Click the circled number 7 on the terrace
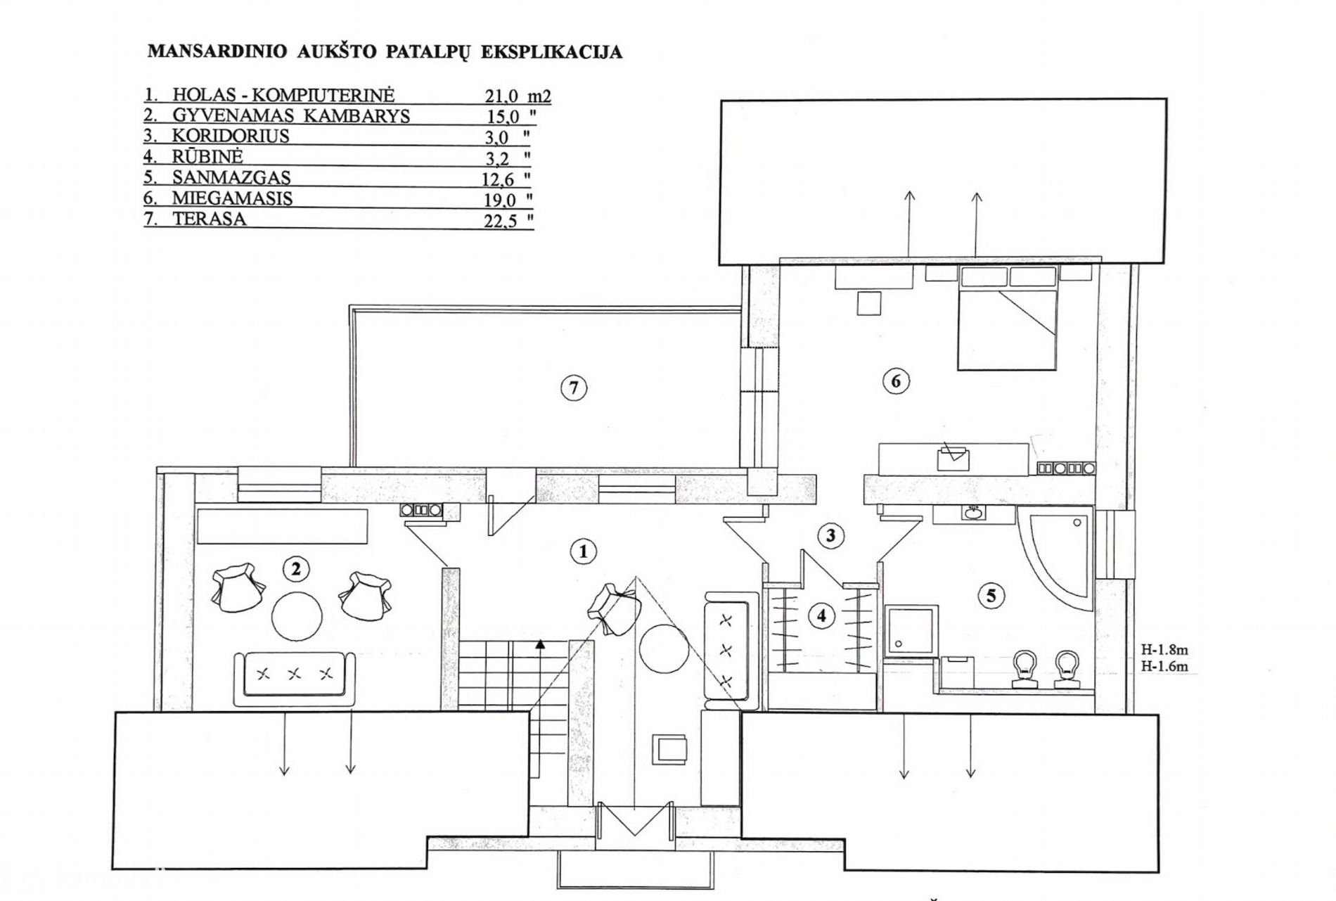click(x=574, y=388)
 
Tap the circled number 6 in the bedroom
click(x=895, y=381)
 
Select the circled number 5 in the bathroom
click(x=991, y=596)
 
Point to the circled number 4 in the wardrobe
click(x=821, y=617)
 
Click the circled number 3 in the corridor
click(x=830, y=536)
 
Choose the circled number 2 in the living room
click(x=295, y=568)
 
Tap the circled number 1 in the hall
click(x=583, y=552)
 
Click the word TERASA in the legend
click(x=210, y=219)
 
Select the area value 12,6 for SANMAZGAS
click(x=498, y=180)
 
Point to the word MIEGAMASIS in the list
click(x=232, y=198)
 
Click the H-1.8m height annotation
click(x=1164, y=651)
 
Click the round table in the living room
click(x=297, y=615)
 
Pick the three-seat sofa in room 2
click(x=295, y=678)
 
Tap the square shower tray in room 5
click(x=911, y=630)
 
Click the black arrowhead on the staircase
click(x=539, y=643)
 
